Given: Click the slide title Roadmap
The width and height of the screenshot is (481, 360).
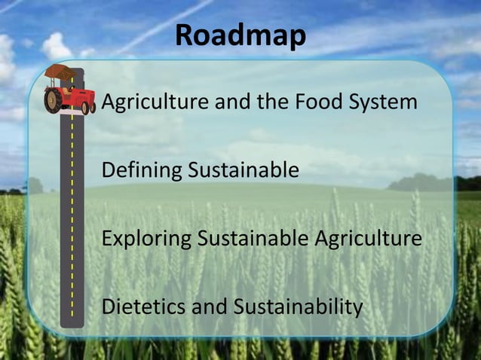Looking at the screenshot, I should [x=240, y=36].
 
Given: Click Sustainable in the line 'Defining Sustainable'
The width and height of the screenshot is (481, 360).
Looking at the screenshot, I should [x=243, y=170].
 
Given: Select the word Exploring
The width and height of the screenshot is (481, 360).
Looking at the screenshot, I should [x=146, y=239].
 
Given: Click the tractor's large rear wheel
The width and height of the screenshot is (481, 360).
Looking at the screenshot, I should [x=54, y=100].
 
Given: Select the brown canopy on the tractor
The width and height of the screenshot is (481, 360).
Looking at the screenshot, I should [x=60, y=72].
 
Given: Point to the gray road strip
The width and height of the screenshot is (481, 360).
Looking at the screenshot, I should [x=72, y=226].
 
